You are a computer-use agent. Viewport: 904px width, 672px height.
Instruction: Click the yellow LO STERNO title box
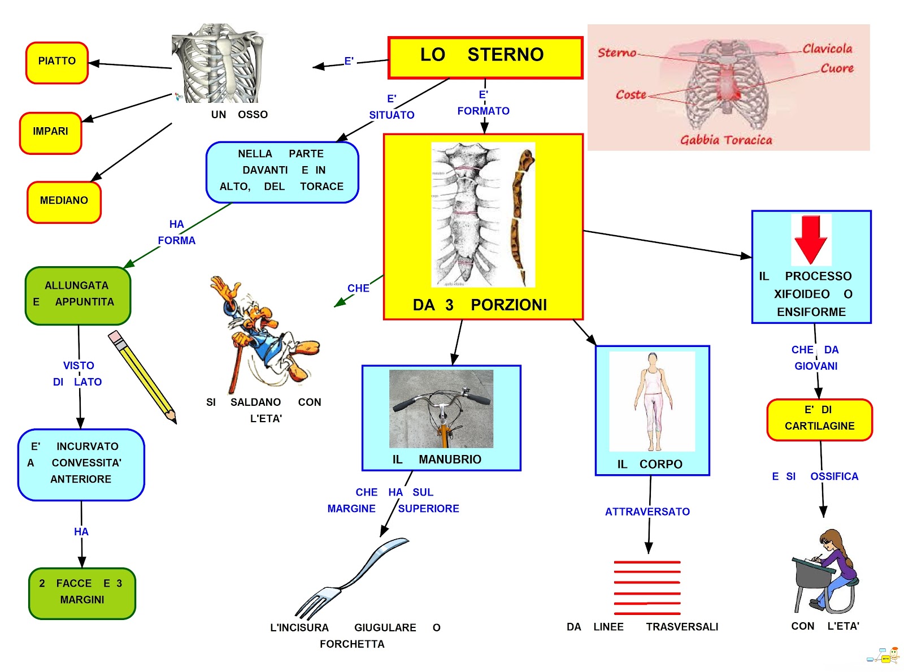point(485,57)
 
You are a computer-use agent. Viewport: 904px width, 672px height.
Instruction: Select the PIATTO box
point(57,62)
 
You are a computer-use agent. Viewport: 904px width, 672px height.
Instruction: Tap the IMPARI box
point(51,132)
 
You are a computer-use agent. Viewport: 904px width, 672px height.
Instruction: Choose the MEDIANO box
point(64,201)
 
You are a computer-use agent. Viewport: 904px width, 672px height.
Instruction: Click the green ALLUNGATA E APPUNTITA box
point(78,295)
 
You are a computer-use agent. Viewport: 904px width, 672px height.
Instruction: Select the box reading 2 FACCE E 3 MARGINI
point(82,592)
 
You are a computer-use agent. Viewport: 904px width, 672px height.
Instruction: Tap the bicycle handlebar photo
point(441,409)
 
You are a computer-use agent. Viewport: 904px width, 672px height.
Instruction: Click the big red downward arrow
point(811,240)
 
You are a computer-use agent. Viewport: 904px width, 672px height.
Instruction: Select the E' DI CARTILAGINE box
point(819,419)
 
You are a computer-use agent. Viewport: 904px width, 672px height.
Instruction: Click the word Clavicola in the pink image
point(827,49)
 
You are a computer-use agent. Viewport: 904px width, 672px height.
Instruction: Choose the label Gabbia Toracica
point(725,140)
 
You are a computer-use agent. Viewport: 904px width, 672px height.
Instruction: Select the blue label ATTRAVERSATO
point(647,512)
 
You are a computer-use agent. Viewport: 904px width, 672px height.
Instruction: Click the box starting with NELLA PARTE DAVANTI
point(282,171)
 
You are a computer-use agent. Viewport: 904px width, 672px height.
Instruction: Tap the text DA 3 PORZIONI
point(480,305)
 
